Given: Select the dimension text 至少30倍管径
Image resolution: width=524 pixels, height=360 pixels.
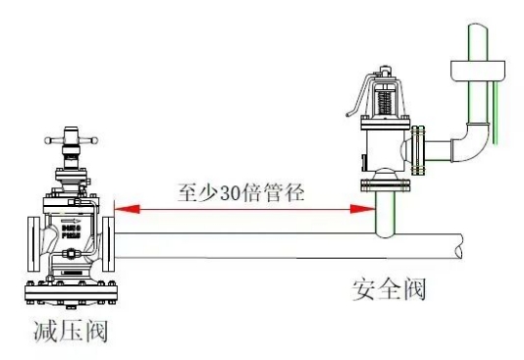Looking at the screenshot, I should [240, 191].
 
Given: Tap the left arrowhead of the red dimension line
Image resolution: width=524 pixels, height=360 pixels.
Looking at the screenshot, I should [120, 208].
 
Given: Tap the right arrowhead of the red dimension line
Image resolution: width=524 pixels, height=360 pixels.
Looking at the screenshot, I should [370, 208].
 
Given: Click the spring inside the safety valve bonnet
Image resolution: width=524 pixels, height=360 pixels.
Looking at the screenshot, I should [383, 98].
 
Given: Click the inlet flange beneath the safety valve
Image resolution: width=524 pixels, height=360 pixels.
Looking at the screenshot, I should [384, 183].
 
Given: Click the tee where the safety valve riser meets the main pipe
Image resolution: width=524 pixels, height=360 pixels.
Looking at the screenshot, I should [385, 231].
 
